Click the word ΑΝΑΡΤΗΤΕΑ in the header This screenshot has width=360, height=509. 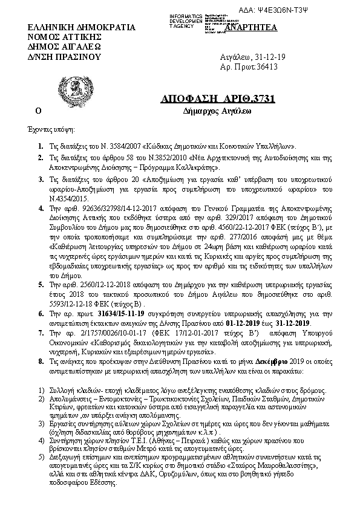[x=242, y=28]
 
